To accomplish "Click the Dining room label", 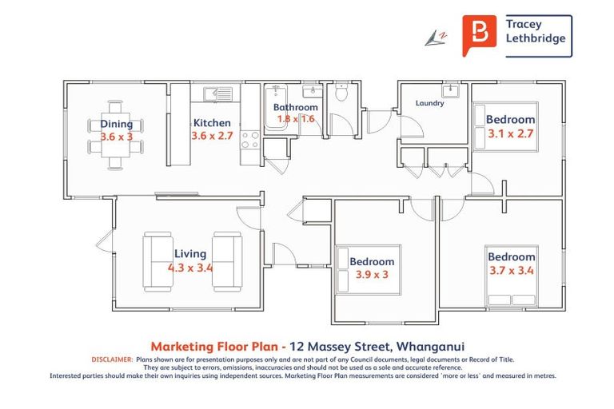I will (116, 124).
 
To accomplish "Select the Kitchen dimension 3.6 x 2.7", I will (212, 137).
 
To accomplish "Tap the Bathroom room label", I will (295, 107).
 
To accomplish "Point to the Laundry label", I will (429, 103).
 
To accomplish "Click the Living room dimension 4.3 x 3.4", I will (190, 268).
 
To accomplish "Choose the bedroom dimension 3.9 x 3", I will (372, 275).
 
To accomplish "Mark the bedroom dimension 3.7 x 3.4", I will (511, 270).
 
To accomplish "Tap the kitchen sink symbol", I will (217, 95).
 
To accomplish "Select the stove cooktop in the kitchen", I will (249, 140).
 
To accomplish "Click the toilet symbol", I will (341, 93).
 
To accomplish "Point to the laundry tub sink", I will (451, 89).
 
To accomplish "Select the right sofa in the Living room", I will (226, 261).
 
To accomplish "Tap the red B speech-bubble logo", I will (478, 36).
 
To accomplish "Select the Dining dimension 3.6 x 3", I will (116, 137).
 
